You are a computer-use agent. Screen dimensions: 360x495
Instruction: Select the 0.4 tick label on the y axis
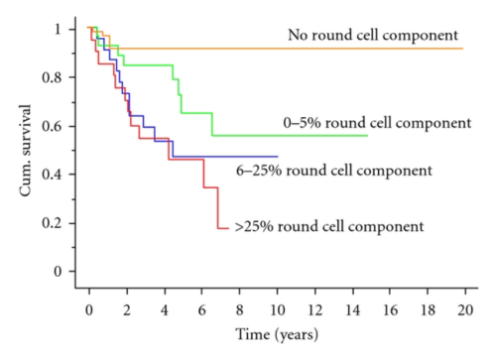[61, 175]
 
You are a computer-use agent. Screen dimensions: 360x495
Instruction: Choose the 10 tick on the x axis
[277, 309]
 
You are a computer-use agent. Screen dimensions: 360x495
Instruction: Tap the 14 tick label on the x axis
[352, 309]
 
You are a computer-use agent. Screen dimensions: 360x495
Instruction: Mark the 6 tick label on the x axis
[202, 309]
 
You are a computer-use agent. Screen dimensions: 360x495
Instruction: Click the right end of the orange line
[462, 49]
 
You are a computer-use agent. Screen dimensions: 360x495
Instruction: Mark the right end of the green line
[367, 135]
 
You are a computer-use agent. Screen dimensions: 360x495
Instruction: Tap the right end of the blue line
[278, 157]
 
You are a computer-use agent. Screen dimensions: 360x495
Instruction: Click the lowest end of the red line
[228, 228]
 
